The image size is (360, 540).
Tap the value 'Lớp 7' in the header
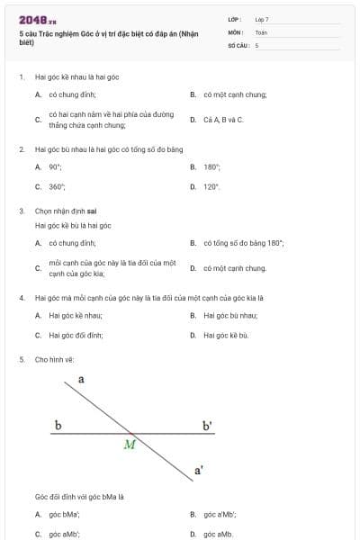(x=262, y=18)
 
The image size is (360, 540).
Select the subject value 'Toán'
(x=261, y=31)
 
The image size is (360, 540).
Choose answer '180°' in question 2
(x=212, y=166)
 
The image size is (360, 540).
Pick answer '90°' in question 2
(x=55, y=166)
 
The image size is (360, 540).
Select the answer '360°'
(x=57, y=186)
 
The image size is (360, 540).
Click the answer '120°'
(x=211, y=186)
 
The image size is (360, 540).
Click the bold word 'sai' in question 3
(x=92, y=211)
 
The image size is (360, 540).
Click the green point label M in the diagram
(x=130, y=444)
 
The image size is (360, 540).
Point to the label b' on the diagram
(x=207, y=425)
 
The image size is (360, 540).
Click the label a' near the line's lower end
(x=199, y=470)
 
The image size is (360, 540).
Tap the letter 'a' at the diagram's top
(x=81, y=380)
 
